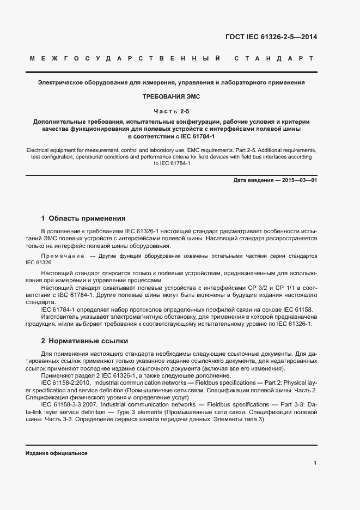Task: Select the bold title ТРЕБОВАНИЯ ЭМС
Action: point(172,96)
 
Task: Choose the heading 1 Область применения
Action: point(83,218)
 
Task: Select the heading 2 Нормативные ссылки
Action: point(84,341)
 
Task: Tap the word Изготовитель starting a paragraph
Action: point(60,317)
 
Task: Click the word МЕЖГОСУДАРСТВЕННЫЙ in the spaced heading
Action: point(126,58)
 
